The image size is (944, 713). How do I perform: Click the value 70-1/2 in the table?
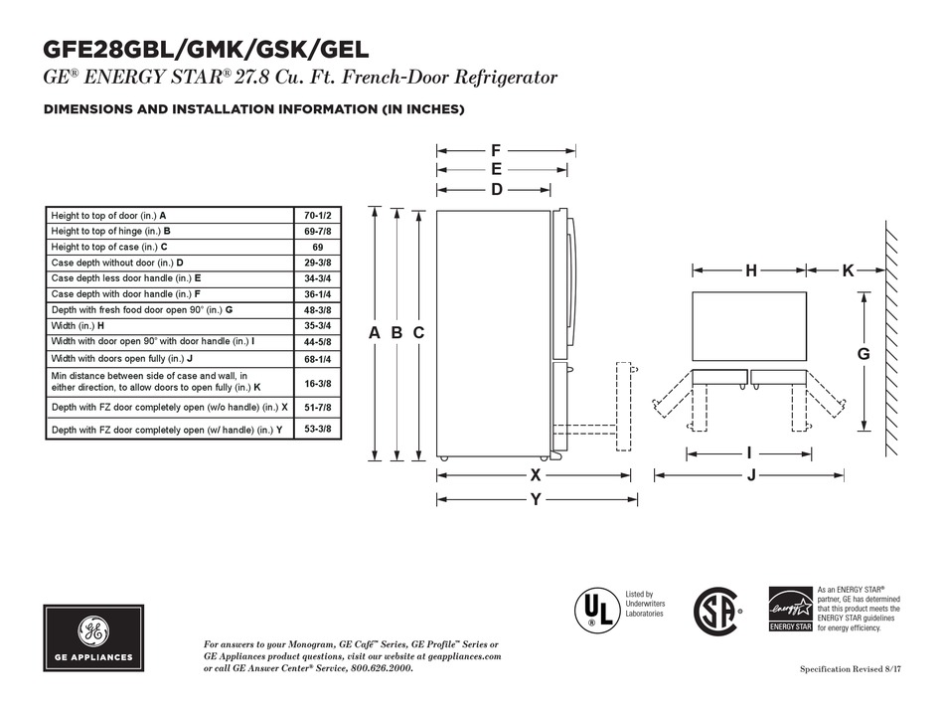317,216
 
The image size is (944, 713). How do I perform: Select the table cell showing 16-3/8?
317,383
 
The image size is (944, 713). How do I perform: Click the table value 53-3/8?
317,430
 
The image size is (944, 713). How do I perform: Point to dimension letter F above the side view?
496,151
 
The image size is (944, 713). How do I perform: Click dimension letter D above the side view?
496,190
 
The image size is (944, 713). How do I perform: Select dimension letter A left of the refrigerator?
375,333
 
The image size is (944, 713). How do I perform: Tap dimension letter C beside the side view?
418,333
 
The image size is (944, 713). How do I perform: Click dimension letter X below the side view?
536,475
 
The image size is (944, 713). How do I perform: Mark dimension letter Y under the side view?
536,499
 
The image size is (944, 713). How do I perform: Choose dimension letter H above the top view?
751,270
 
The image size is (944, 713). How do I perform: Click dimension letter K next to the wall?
848,270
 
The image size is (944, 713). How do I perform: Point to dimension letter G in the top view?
864,354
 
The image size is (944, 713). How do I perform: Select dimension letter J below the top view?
751,475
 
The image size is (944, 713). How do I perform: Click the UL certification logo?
597,610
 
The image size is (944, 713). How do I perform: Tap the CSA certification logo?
716,612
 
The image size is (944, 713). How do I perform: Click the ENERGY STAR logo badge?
791,610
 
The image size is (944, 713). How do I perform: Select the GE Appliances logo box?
93,638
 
